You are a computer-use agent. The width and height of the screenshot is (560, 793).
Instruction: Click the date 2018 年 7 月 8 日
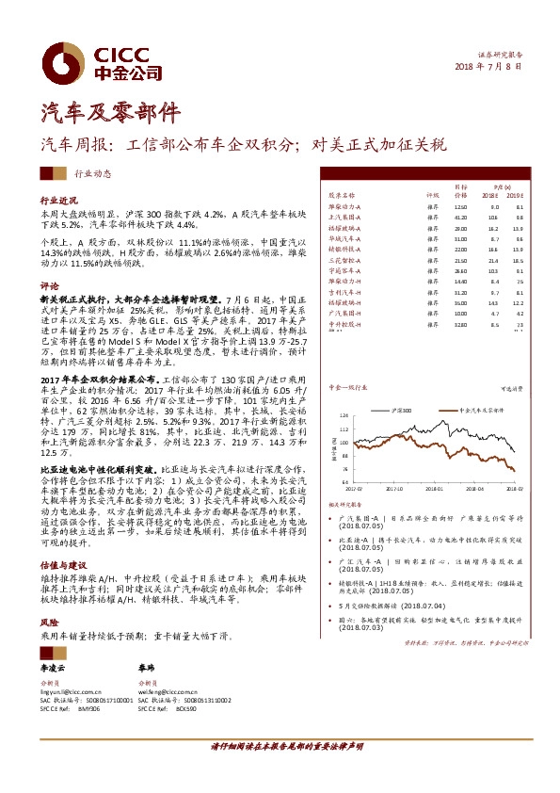(488, 66)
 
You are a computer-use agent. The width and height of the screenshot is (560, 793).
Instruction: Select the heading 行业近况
(58, 202)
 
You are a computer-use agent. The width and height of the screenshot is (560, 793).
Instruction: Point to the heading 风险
(49, 623)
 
